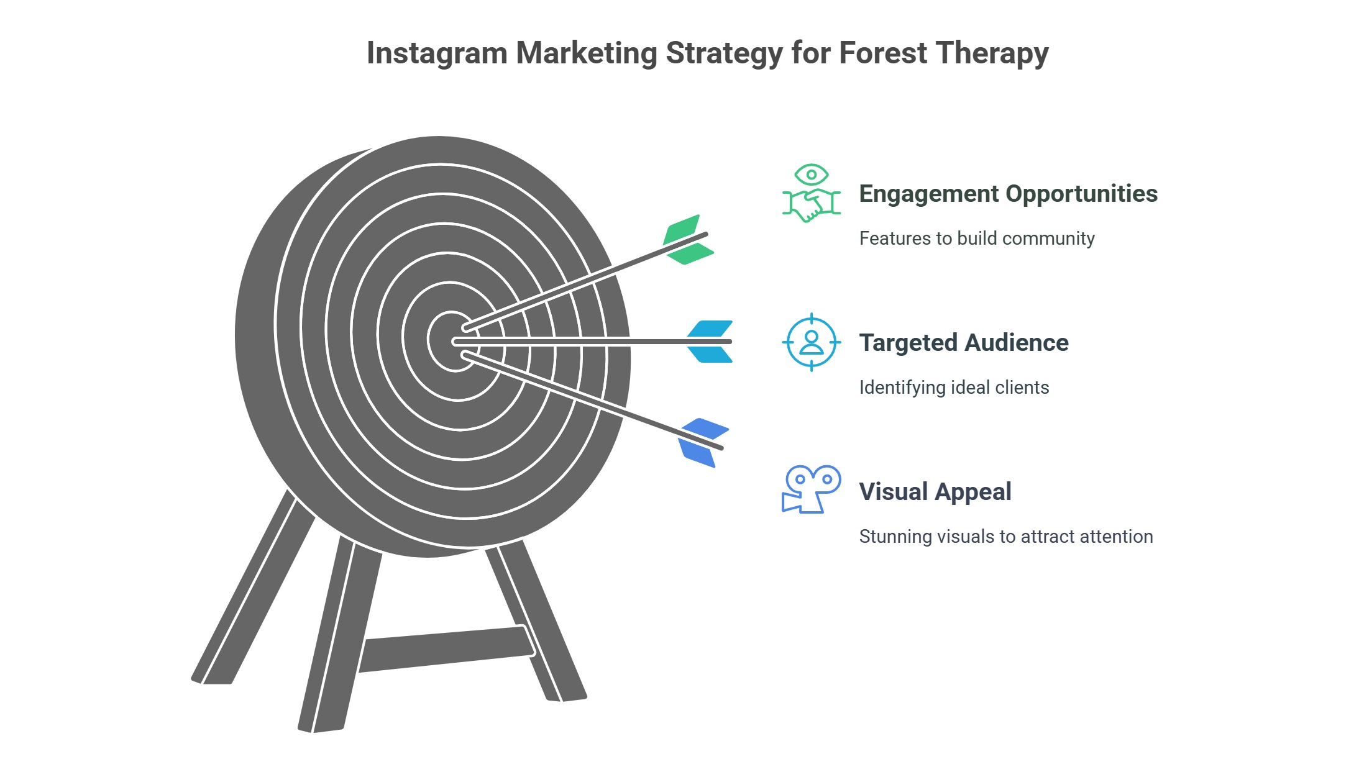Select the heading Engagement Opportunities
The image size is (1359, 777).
point(1008,194)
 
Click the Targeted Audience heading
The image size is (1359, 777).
point(963,343)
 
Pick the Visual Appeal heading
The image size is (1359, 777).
point(935,492)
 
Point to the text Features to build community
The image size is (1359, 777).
point(976,239)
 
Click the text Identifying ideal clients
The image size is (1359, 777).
point(954,388)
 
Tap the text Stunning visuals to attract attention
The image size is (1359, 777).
point(1005,537)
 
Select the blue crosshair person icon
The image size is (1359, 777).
point(811,342)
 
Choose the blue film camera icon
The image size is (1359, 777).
point(811,489)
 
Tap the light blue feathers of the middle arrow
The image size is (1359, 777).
point(710,342)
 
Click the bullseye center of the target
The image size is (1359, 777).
point(452,341)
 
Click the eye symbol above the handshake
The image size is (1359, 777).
point(811,175)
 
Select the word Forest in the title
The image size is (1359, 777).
point(883,53)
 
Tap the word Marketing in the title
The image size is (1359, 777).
point(586,53)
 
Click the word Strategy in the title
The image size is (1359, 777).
point(724,53)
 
